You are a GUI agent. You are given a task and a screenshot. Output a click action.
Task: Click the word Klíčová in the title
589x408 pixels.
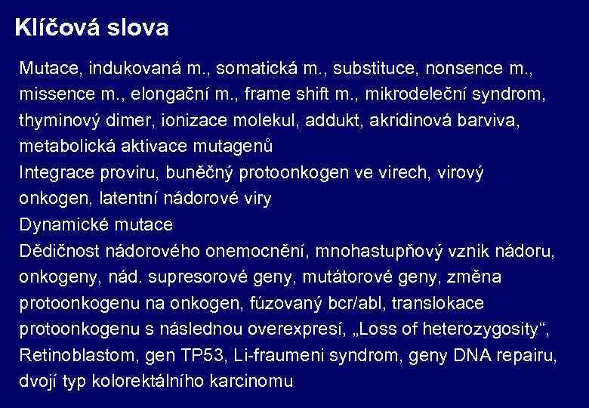click(x=56, y=29)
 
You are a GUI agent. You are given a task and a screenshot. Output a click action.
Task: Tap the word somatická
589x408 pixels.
click(x=254, y=69)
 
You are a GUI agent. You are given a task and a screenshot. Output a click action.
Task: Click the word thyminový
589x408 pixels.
click(x=60, y=121)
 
